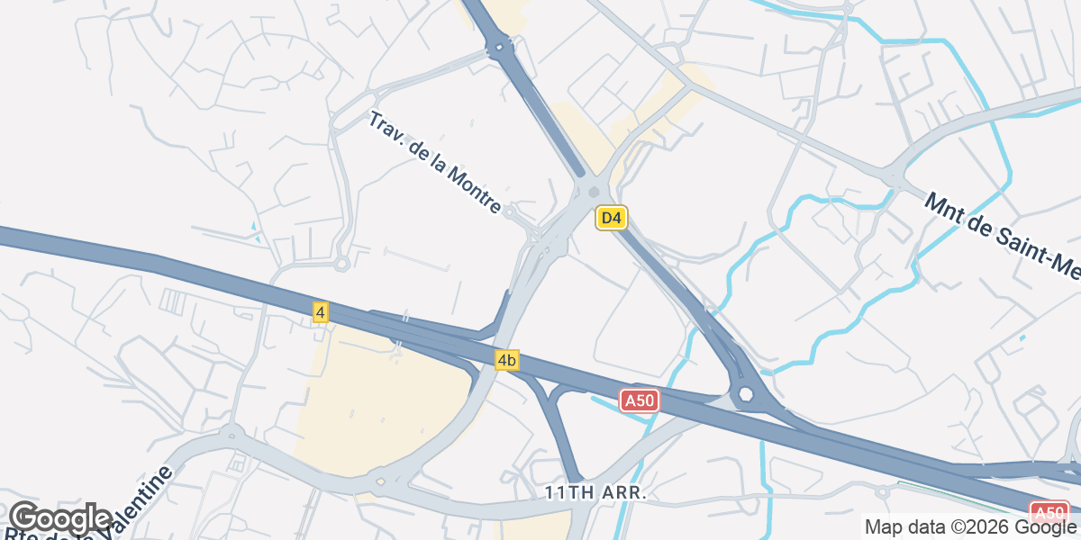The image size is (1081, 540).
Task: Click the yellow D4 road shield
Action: tap(611, 218)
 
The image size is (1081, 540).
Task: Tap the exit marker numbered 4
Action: tap(321, 312)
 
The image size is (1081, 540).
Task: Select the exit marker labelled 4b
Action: tap(506, 360)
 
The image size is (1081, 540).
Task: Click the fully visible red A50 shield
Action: tap(640, 400)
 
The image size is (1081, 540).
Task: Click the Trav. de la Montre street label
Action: tap(435, 163)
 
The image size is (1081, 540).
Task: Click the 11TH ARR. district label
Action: tap(595, 493)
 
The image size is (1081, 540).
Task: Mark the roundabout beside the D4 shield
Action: tap(593, 192)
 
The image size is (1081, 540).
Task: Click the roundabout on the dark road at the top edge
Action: tap(498, 47)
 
